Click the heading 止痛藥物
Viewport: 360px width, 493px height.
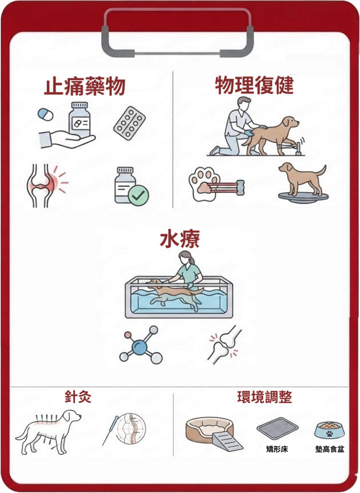pos(85,86)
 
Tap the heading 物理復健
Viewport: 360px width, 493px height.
pos(254,85)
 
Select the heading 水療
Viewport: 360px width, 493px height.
pos(180,240)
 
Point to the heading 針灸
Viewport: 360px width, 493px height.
pos(78,397)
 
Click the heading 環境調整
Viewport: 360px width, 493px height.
pos(264,397)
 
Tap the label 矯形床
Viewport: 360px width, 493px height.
pos(277,449)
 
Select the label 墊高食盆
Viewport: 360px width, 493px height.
pos(330,449)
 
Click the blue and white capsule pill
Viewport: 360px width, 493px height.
pos(45,114)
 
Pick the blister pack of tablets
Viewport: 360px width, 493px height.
pos(129,123)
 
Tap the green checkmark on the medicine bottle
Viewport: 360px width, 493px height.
pos(138,195)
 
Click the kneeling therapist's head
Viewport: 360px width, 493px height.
pos(244,104)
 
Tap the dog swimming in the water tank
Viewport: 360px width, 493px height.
pos(174,293)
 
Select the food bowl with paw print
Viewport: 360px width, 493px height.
pos(330,431)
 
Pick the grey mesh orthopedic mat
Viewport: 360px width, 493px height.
pos(277,428)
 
